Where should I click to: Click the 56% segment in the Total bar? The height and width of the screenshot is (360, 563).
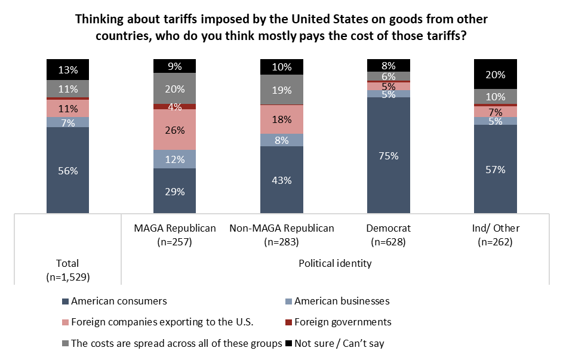tap(67, 170)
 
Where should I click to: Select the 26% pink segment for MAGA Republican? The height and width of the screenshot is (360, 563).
tap(174, 130)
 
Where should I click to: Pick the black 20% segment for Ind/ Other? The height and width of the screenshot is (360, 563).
tap(495, 75)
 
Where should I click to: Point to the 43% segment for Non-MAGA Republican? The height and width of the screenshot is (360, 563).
tap(281, 180)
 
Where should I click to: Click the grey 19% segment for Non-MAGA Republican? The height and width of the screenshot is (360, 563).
tap(281, 90)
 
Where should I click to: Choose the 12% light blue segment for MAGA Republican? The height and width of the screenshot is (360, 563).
tap(174, 159)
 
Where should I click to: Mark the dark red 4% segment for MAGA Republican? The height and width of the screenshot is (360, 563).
tap(174, 107)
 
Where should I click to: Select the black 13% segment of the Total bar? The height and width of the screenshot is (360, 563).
tap(67, 70)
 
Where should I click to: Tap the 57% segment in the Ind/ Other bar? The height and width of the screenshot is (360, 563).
tap(495, 169)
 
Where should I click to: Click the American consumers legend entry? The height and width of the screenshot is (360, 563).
tap(113, 301)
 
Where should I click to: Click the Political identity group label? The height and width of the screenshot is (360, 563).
tap(335, 263)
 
